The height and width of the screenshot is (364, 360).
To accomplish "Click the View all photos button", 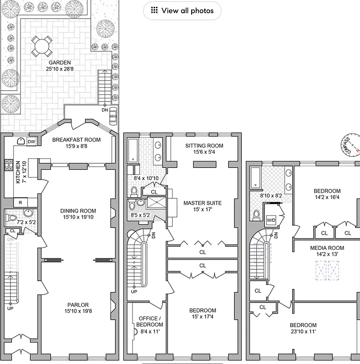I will click(182, 10).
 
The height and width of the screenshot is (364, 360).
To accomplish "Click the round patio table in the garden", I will click(41, 45).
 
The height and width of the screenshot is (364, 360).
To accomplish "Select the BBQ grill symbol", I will click(113, 116).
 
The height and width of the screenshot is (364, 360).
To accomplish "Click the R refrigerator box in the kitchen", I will click(20, 202).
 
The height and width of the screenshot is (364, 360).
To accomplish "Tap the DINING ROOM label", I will click(78, 211).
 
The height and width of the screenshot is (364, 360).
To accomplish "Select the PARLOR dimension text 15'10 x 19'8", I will click(78, 312).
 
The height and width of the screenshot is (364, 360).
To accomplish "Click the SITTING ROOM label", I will click(204, 146).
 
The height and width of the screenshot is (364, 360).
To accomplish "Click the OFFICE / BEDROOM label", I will click(150, 321).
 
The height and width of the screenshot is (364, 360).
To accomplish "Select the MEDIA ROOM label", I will click(327, 248).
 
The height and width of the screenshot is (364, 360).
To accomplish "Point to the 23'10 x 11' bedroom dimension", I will click(303, 332).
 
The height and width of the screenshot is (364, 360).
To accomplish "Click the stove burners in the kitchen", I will click(8, 164).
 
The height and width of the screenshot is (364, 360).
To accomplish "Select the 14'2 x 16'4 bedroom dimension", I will click(327, 197).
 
